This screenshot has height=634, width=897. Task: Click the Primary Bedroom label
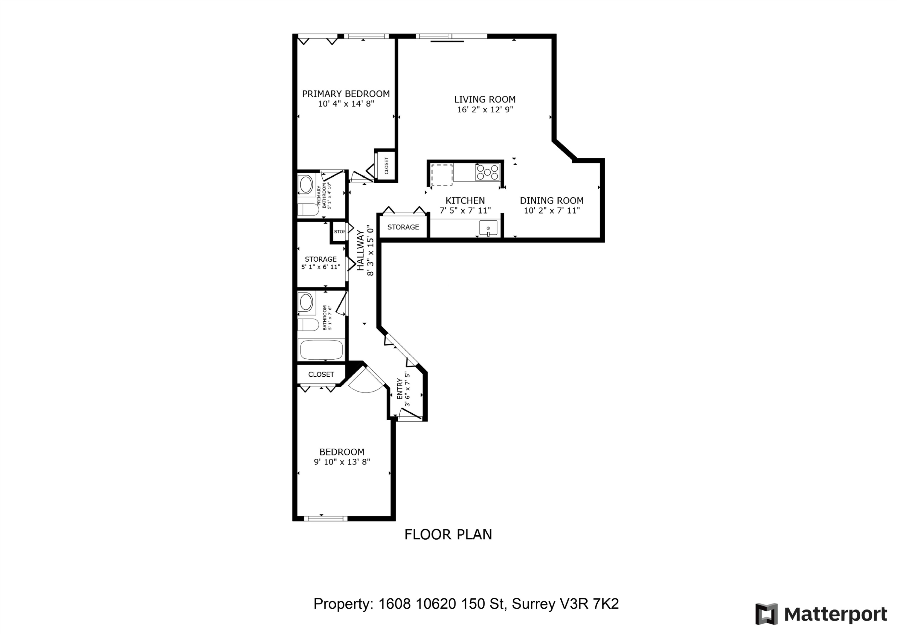coord(346,94)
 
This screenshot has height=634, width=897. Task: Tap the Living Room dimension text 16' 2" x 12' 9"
coord(485,110)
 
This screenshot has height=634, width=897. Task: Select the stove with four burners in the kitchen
coord(487,172)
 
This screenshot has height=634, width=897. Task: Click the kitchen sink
coord(488,228)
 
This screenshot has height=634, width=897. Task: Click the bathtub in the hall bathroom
coord(321,350)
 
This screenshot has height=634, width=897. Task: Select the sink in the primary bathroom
coord(306,184)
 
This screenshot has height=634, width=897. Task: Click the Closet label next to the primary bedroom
coord(386,166)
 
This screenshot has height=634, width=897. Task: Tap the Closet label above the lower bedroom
coord(321,374)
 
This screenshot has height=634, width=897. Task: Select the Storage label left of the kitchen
coord(403,227)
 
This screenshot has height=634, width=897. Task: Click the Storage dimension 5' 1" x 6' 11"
coord(321,267)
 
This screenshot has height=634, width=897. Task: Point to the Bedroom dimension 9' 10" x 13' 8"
coord(342,462)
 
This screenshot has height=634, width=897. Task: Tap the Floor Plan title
coord(448,534)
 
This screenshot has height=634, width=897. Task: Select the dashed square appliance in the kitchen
coord(442,175)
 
